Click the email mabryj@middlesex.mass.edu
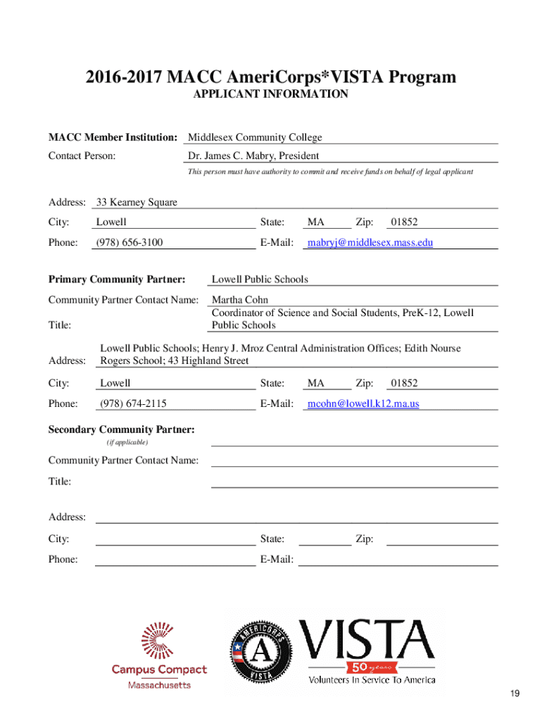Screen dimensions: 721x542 click(370, 243)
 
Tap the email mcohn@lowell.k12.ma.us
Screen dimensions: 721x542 click(364, 404)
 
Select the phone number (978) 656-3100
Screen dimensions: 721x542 click(129, 243)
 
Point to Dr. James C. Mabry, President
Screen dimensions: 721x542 click(253, 156)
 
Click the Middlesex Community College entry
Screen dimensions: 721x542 click(255, 138)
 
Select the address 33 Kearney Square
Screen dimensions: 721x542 click(137, 203)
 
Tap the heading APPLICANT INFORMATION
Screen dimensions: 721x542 click(271, 94)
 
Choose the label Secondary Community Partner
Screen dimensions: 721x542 click(122, 430)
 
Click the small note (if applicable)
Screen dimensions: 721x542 click(127, 442)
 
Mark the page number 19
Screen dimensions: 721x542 click(516, 694)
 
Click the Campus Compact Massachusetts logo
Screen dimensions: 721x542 click(160, 656)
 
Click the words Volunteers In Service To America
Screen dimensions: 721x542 click(372, 680)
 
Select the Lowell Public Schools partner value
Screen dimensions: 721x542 click(260, 280)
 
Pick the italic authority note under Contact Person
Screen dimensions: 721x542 click(330, 172)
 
